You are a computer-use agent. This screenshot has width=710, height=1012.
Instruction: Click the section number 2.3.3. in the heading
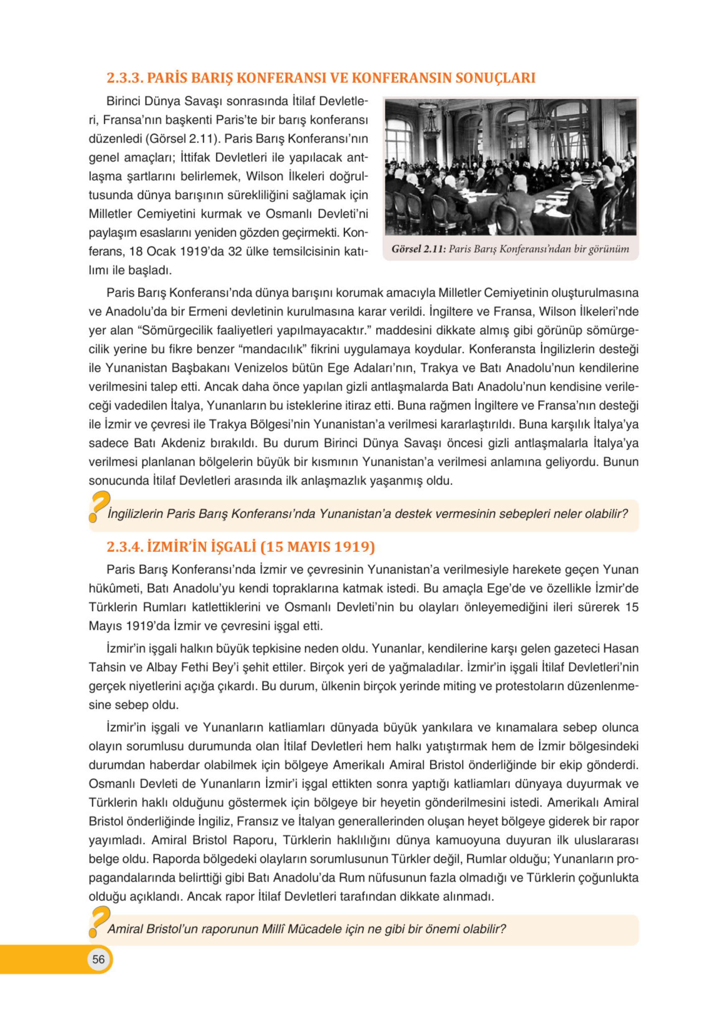pos(125,78)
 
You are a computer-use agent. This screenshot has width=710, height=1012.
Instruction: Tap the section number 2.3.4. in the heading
pos(125,546)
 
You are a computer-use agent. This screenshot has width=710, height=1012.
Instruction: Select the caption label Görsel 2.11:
pos(419,249)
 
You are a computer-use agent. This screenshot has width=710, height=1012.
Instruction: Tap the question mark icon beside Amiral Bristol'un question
pos(99,921)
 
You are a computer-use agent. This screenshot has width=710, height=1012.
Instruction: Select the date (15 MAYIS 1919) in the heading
pos(317,546)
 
